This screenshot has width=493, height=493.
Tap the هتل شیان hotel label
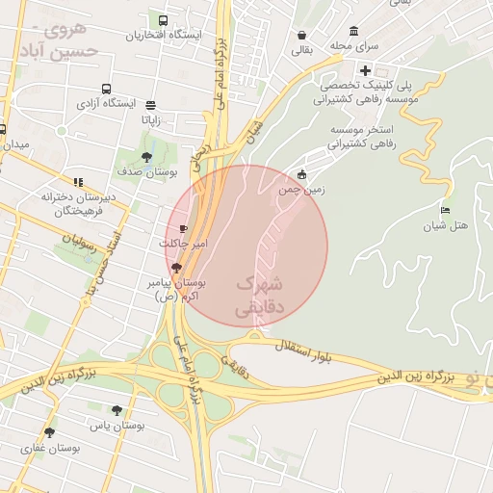click(x=445, y=226)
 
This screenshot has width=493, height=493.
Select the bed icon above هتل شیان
click(x=445, y=210)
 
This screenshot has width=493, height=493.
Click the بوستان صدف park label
click(x=144, y=171)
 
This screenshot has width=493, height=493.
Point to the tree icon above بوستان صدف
click(x=146, y=156)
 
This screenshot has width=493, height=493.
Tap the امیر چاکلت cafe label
click(x=183, y=245)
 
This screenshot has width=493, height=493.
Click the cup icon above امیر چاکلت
click(x=184, y=229)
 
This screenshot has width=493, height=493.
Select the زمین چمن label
click(x=302, y=191)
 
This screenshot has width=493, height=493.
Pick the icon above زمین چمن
click(x=302, y=174)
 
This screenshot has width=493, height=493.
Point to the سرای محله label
click(x=354, y=45)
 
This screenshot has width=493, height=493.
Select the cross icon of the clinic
click(x=365, y=69)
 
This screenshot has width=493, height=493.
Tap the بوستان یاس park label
click(x=117, y=425)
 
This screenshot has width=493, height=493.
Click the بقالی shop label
click(x=303, y=51)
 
